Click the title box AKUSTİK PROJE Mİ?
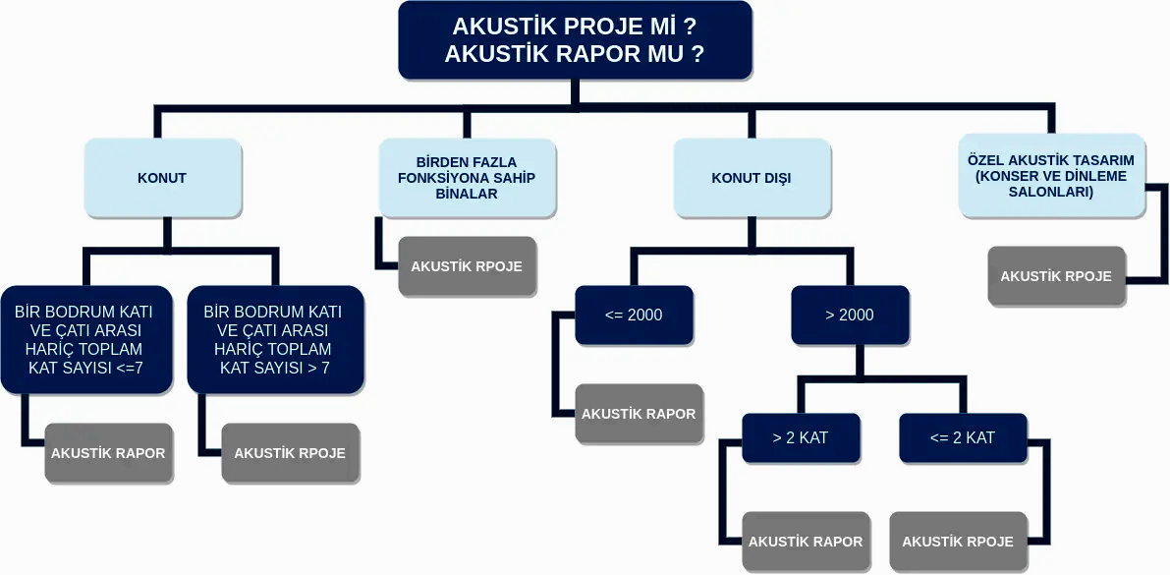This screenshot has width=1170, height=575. pos(575,40)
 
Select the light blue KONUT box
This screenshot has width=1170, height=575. pos(162,178)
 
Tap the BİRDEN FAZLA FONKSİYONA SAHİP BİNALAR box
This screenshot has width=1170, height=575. pos(467,178)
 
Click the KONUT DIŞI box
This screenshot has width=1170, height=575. pos(752,178)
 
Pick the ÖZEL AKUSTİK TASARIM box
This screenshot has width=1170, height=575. pos(1051,176)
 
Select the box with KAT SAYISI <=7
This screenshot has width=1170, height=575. pos(85,340)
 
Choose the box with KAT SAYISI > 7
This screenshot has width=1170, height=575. pos(274,340)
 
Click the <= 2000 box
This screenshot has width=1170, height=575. pos(634,315)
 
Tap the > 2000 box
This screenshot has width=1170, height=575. pos(850,315)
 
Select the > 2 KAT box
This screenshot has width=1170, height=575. pos(801,437)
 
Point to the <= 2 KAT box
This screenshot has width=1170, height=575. pos(963,437)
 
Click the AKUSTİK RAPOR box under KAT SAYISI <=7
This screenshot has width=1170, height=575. pos(108,453)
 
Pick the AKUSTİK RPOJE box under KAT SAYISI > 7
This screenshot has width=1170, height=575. pos(290,453)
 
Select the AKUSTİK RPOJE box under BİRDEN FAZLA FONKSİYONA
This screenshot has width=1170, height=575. pos(467,266)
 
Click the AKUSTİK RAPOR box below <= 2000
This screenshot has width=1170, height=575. pos(639,414)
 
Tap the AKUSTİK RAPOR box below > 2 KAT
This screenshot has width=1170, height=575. pos(806,542)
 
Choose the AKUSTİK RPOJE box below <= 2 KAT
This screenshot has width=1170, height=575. pos(958,542)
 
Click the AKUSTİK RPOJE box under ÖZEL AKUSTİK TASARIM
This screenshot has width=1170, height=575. pos(1056,276)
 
